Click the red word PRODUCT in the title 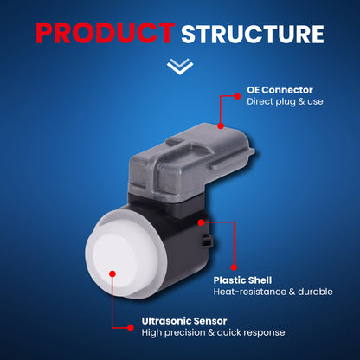click(106, 33)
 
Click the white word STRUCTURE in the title click(253, 35)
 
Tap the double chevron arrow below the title click(180, 67)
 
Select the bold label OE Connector click(280, 90)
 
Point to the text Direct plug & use click(285, 101)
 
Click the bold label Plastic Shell click(242, 280)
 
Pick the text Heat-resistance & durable click(273, 292)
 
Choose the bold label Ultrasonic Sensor click(184, 321)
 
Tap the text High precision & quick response click(213, 332)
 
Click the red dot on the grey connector click(221, 125)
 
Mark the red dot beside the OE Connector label click(237, 96)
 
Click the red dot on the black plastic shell click(201, 222)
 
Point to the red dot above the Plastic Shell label click(234, 267)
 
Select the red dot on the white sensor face click(112, 273)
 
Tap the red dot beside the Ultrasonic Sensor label click(131, 328)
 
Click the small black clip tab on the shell click(207, 241)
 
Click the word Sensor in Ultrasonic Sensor click(210, 321)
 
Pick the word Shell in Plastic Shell click(259, 280)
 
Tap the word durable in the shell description click(315, 292)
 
